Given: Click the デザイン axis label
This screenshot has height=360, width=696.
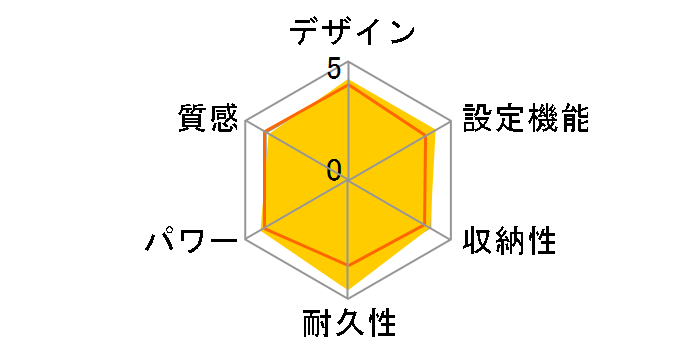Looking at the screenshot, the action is [x=351, y=31].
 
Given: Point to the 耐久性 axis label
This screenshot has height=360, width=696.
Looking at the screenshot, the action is [x=349, y=324].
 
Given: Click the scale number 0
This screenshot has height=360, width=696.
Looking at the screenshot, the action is [x=333, y=171].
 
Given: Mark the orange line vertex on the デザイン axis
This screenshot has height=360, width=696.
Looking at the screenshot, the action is [x=348, y=85].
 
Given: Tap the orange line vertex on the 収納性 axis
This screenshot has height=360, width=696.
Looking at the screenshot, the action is [x=429, y=227].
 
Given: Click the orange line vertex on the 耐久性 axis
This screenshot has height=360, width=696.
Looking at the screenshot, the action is [x=348, y=265].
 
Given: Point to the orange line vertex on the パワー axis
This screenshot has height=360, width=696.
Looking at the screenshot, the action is [x=263, y=229].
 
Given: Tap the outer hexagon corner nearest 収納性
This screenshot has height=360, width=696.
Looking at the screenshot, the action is [x=450, y=239].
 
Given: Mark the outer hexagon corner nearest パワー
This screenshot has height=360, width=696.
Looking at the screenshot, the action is [x=246, y=239].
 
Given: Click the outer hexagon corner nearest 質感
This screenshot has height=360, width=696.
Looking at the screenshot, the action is [x=246, y=122].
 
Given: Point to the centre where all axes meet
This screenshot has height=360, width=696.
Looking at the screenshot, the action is [x=348, y=180].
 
